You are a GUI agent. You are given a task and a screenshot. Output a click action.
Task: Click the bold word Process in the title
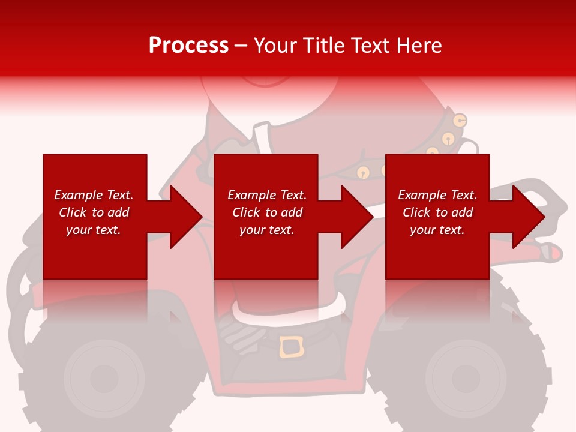click(188, 46)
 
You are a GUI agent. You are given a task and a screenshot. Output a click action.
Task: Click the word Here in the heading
click(419, 46)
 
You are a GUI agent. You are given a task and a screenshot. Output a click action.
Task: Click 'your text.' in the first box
click(93, 230)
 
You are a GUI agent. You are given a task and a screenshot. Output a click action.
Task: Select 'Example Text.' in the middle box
click(266, 195)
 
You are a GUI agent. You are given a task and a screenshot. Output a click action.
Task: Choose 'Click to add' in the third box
click(437, 212)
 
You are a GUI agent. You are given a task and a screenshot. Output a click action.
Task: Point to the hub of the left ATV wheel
click(103, 378)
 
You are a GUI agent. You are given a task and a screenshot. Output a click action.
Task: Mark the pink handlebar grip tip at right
click(556, 254)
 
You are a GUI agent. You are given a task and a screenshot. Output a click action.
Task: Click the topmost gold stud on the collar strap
click(460, 121)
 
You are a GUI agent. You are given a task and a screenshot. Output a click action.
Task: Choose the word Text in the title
click(374, 46)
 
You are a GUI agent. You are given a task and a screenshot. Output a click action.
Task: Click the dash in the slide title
click(241, 46)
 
